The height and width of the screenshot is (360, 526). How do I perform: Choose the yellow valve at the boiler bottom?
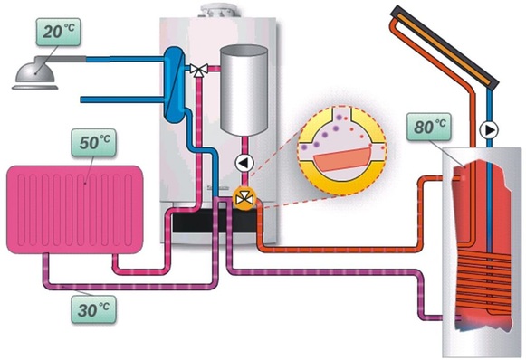click(x=243, y=197)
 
